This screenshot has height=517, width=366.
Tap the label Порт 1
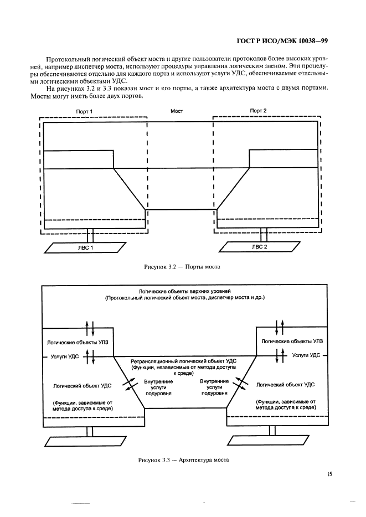tap(84, 111)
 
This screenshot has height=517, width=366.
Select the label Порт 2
tap(259, 111)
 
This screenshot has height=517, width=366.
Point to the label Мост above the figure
tap(177, 111)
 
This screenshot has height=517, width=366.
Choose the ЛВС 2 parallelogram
tap(259, 247)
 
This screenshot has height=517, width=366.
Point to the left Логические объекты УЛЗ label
tap(77, 342)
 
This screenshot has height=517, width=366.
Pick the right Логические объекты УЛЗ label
tap(288, 342)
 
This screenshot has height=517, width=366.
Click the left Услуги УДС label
tap(64, 357)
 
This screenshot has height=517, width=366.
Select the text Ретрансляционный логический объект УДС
tap(183, 361)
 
